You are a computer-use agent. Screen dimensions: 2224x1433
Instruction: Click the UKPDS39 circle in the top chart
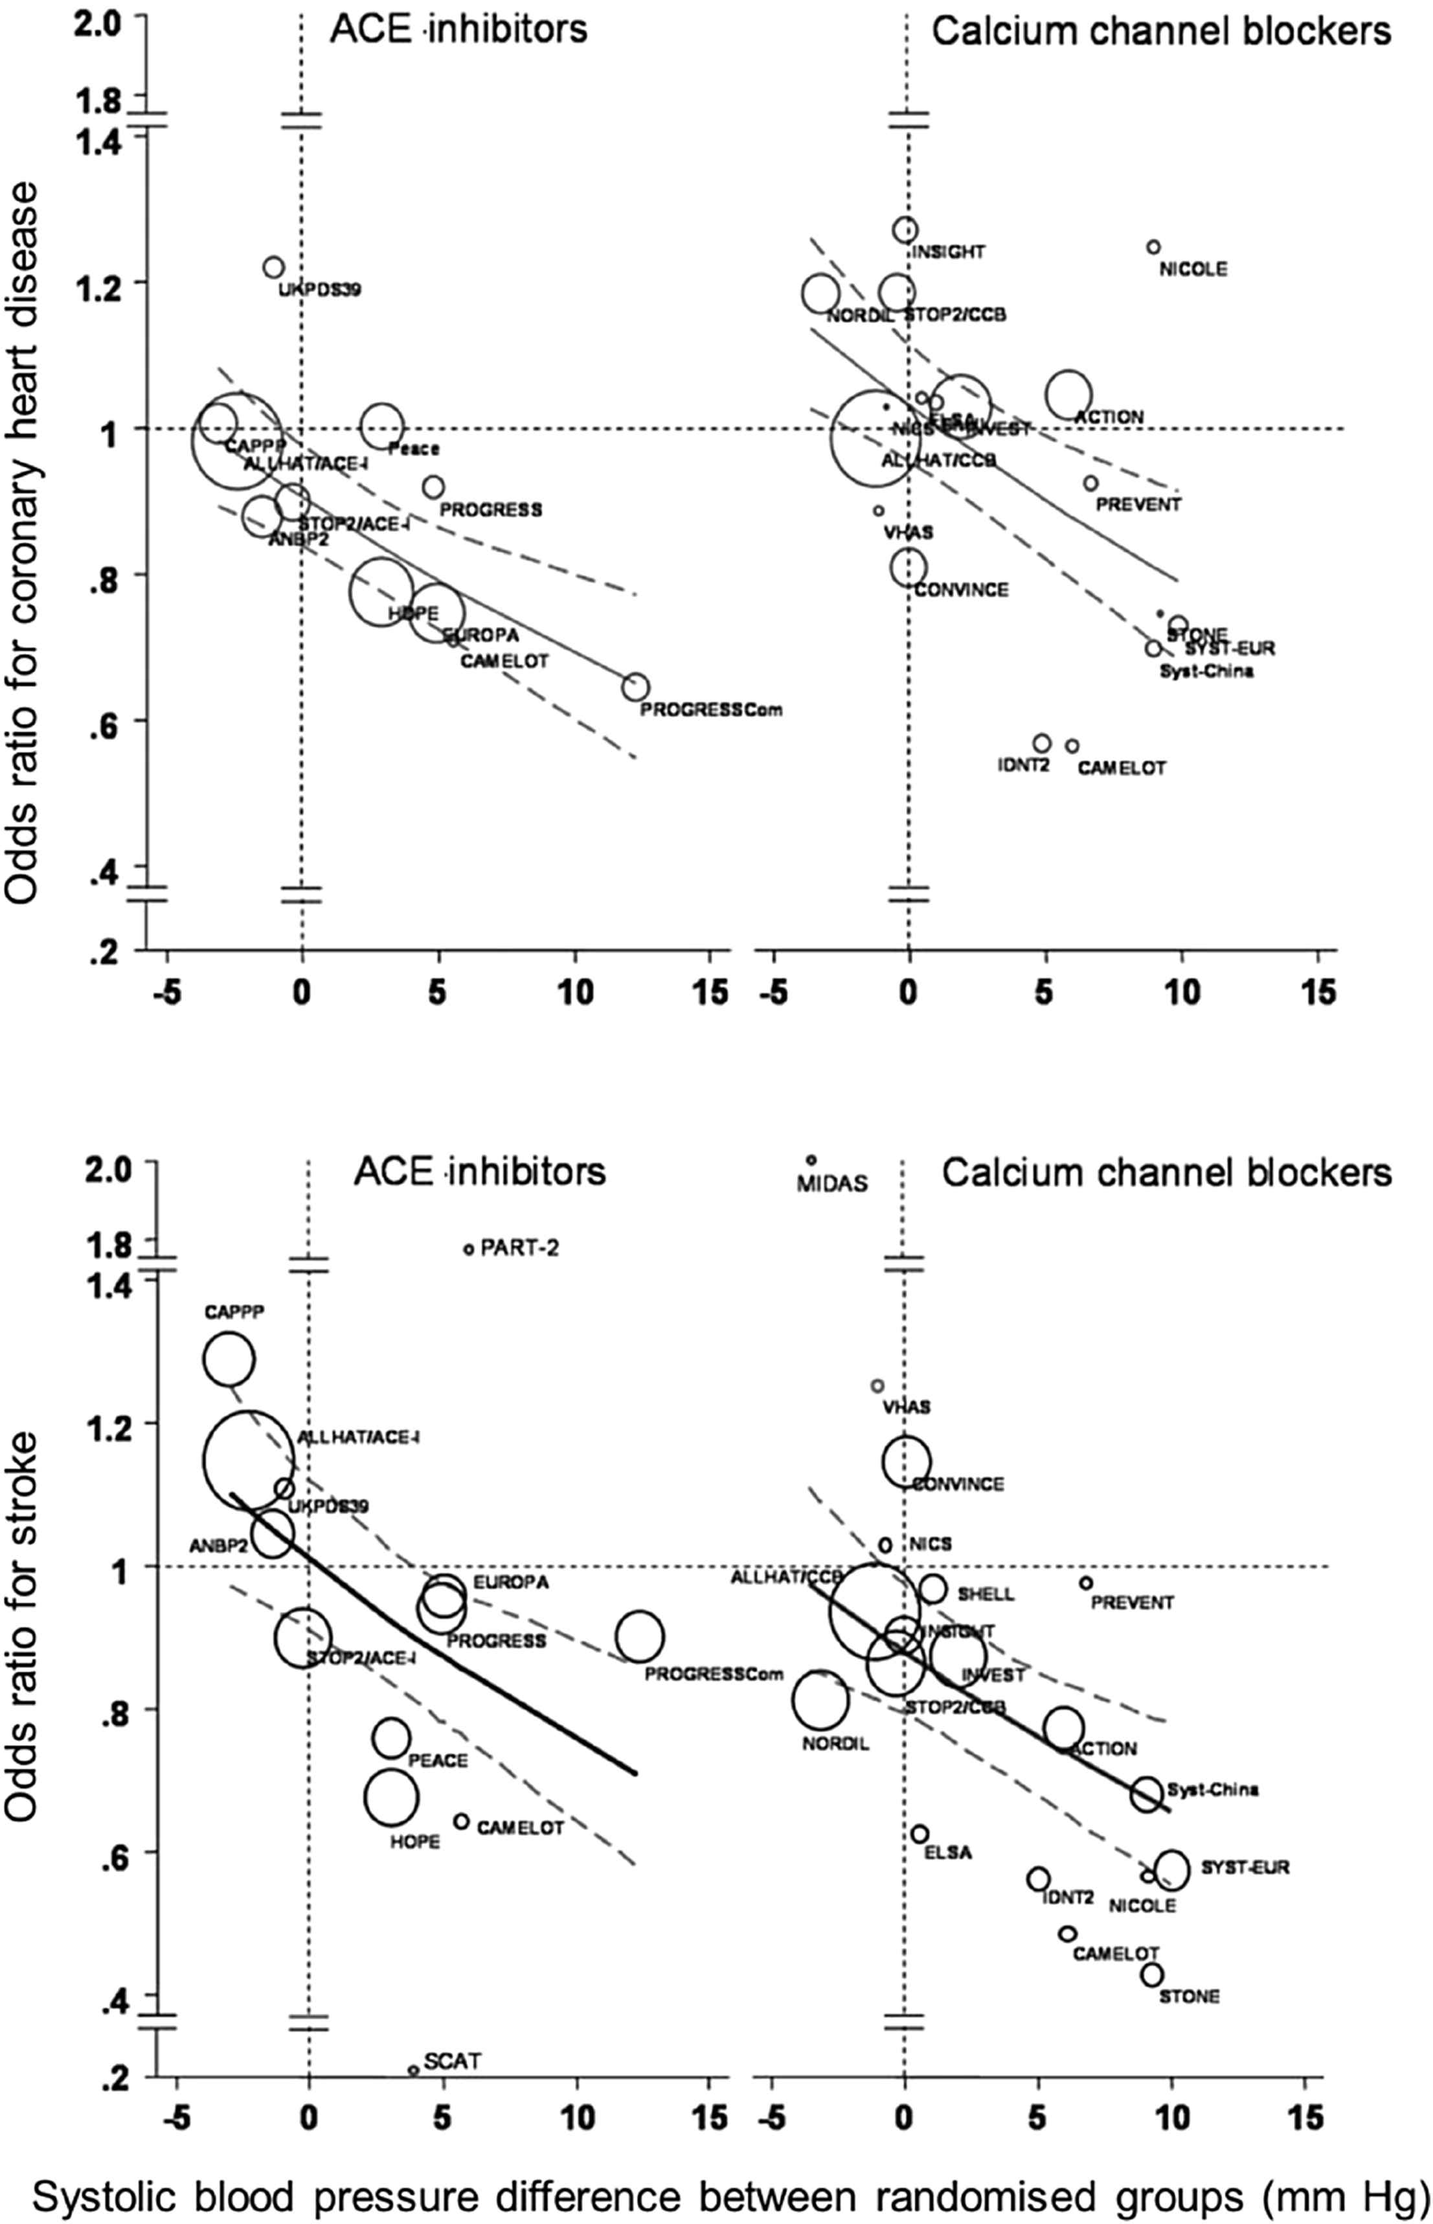(x=273, y=267)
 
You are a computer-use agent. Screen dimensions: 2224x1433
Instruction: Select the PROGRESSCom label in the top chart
(x=711, y=710)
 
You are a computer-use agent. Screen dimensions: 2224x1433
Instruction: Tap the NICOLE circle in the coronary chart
(x=1154, y=247)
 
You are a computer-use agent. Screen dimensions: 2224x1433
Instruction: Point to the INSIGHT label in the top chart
(x=947, y=252)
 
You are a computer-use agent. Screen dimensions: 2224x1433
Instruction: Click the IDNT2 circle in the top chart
(x=1042, y=743)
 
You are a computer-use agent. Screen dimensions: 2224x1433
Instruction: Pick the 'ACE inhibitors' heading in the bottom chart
(x=479, y=1171)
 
